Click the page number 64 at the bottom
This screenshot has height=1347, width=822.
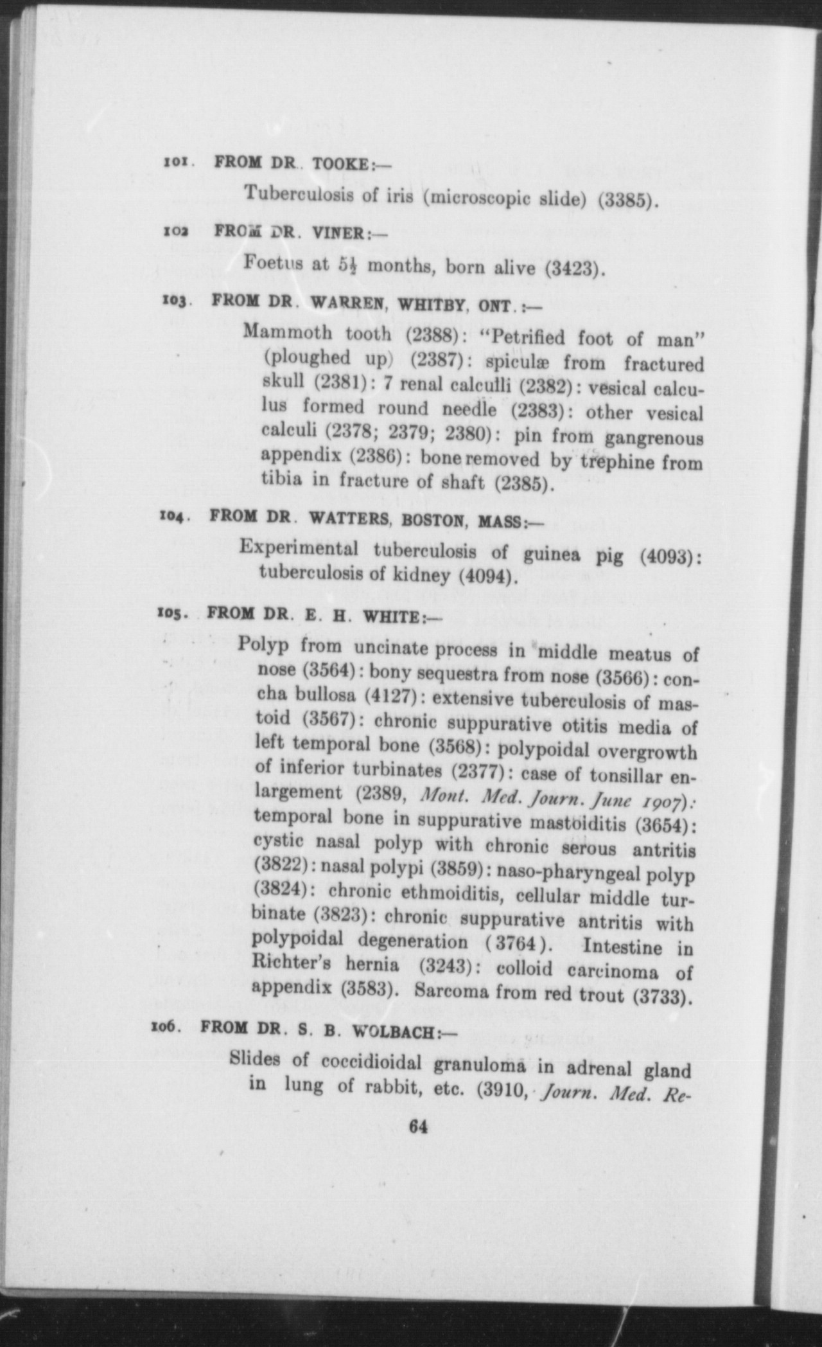(417, 1127)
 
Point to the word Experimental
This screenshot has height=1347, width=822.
(299, 548)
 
